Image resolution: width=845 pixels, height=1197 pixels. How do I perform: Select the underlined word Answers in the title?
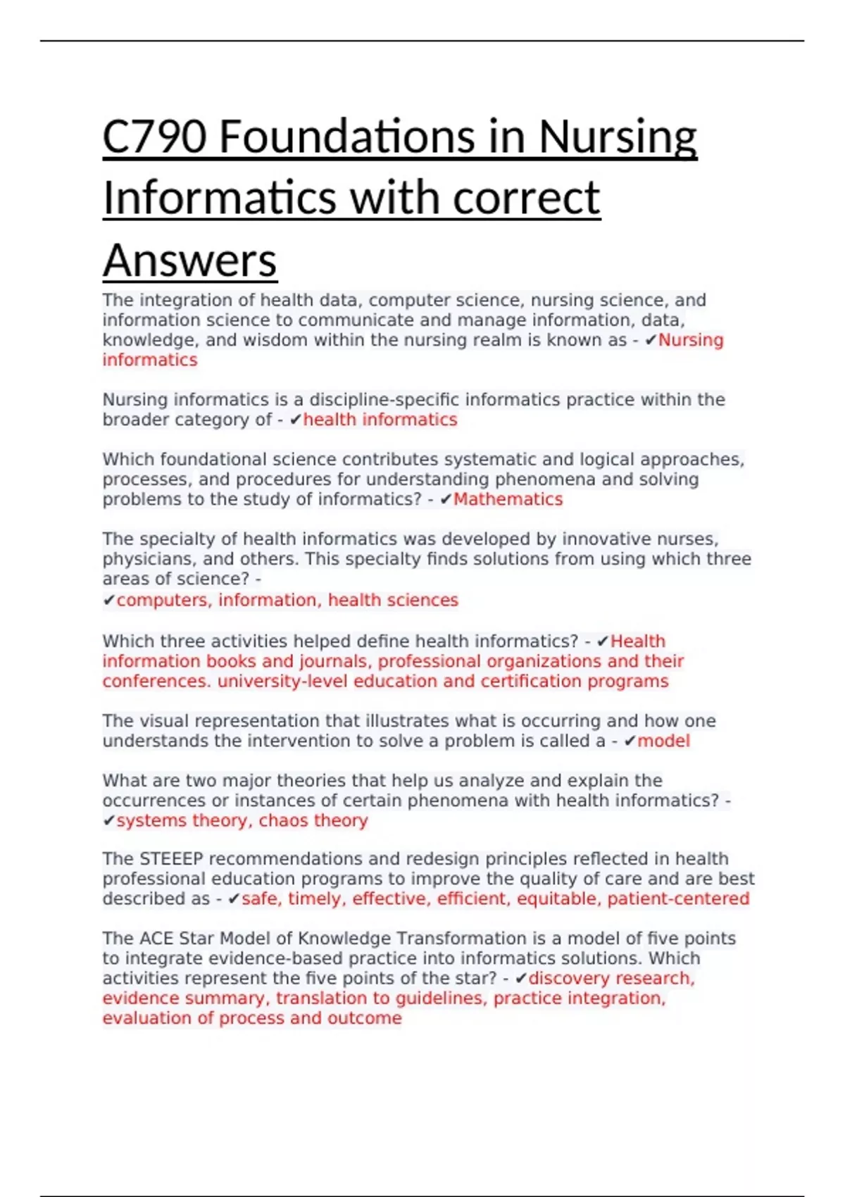(x=189, y=260)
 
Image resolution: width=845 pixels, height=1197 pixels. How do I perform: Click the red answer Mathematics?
(x=508, y=499)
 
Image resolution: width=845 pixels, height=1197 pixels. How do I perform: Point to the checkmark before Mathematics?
(x=445, y=499)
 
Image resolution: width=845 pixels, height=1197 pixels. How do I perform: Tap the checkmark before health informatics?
(x=295, y=420)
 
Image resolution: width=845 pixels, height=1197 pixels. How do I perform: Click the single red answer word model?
(x=663, y=741)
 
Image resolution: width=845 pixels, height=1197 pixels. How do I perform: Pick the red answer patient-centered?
(x=678, y=898)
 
